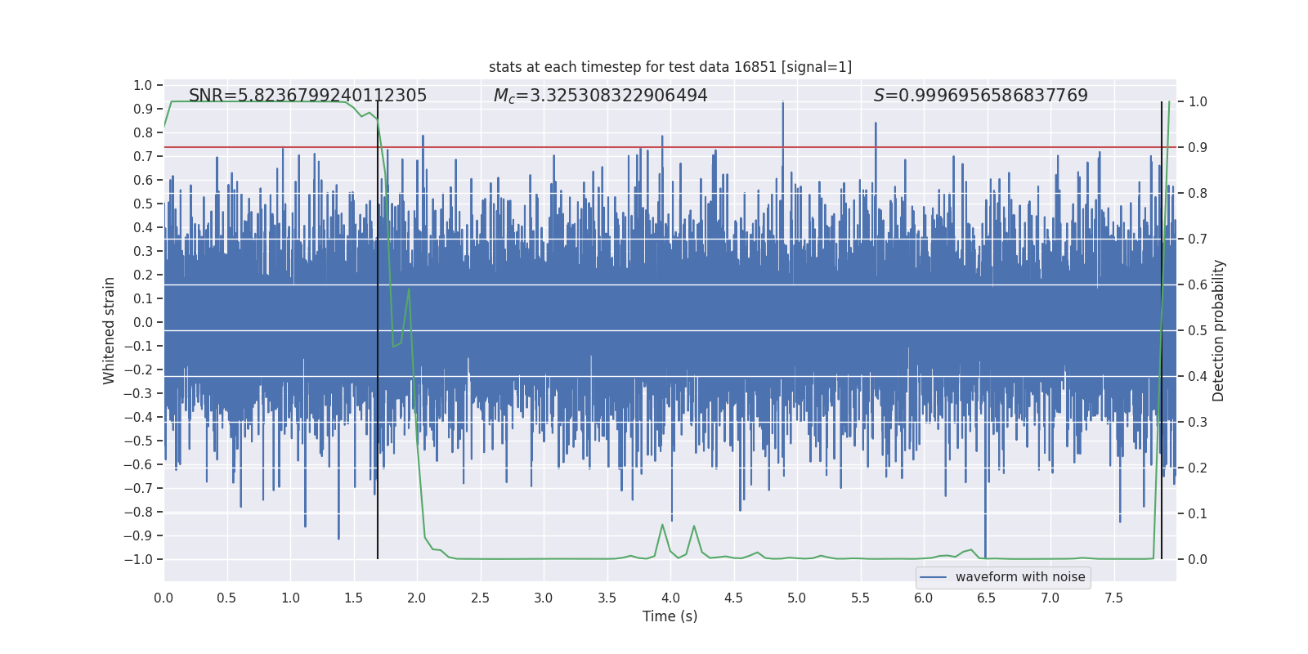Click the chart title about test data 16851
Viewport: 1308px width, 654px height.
[x=670, y=67]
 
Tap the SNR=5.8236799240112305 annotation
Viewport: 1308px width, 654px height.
[x=307, y=96]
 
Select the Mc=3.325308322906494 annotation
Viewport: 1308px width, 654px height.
[x=600, y=96]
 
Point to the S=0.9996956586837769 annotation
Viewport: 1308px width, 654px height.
[x=980, y=96]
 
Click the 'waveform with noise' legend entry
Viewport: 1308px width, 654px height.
[x=1003, y=577]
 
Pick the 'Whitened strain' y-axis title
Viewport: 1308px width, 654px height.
[x=109, y=330]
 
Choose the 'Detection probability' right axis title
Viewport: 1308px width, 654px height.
[x=1218, y=330]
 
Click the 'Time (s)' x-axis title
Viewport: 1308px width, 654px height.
[x=670, y=616]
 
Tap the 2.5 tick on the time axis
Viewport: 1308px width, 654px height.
[x=480, y=598]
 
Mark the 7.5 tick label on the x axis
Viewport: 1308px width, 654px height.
[x=1113, y=598]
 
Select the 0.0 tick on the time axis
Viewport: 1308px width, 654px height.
[x=163, y=598]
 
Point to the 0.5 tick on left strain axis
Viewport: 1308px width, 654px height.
[x=142, y=204]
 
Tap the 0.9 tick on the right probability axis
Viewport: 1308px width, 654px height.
[x=1198, y=147]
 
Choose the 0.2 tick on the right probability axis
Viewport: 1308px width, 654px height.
[x=1198, y=468]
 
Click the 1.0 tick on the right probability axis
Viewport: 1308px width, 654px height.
[x=1198, y=101]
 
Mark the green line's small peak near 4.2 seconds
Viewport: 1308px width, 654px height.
[x=694, y=526]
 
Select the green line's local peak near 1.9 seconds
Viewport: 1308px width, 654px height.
[x=409, y=289]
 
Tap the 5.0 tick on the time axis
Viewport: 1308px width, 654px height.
[x=796, y=598]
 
